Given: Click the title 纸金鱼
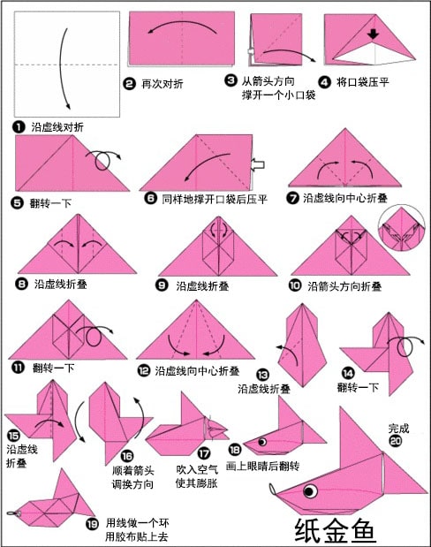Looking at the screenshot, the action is pyautogui.click(x=335, y=530).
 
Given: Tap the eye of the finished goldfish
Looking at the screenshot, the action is pyautogui.click(x=310, y=491).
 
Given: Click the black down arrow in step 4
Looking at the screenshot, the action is pyautogui.click(x=373, y=34).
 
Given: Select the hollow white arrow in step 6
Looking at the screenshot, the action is pyautogui.click(x=257, y=164).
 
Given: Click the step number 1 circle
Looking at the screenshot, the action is pyautogui.click(x=19, y=126).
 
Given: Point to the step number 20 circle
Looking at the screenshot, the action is pyautogui.click(x=396, y=441).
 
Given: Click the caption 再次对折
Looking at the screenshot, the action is pyautogui.click(x=163, y=84).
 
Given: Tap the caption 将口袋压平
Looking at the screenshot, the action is pyautogui.click(x=363, y=82).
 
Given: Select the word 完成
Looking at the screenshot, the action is pyautogui.click(x=398, y=428).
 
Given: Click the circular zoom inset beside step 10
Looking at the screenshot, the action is pyautogui.click(x=402, y=227).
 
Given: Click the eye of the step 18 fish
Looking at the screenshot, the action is pyautogui.click(x=262, y=442).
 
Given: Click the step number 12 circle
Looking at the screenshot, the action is pyautogui.click(x=144, y=370).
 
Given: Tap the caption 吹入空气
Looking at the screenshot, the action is pyautogui.click(x=197, y=469).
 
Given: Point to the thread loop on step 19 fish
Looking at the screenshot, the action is pyautogui.click(x=13, y=513).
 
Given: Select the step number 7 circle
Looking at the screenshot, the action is pyautogui.click(x=292, y=198).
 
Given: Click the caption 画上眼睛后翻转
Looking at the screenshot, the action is pyautogui.click(x=262, y=466).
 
